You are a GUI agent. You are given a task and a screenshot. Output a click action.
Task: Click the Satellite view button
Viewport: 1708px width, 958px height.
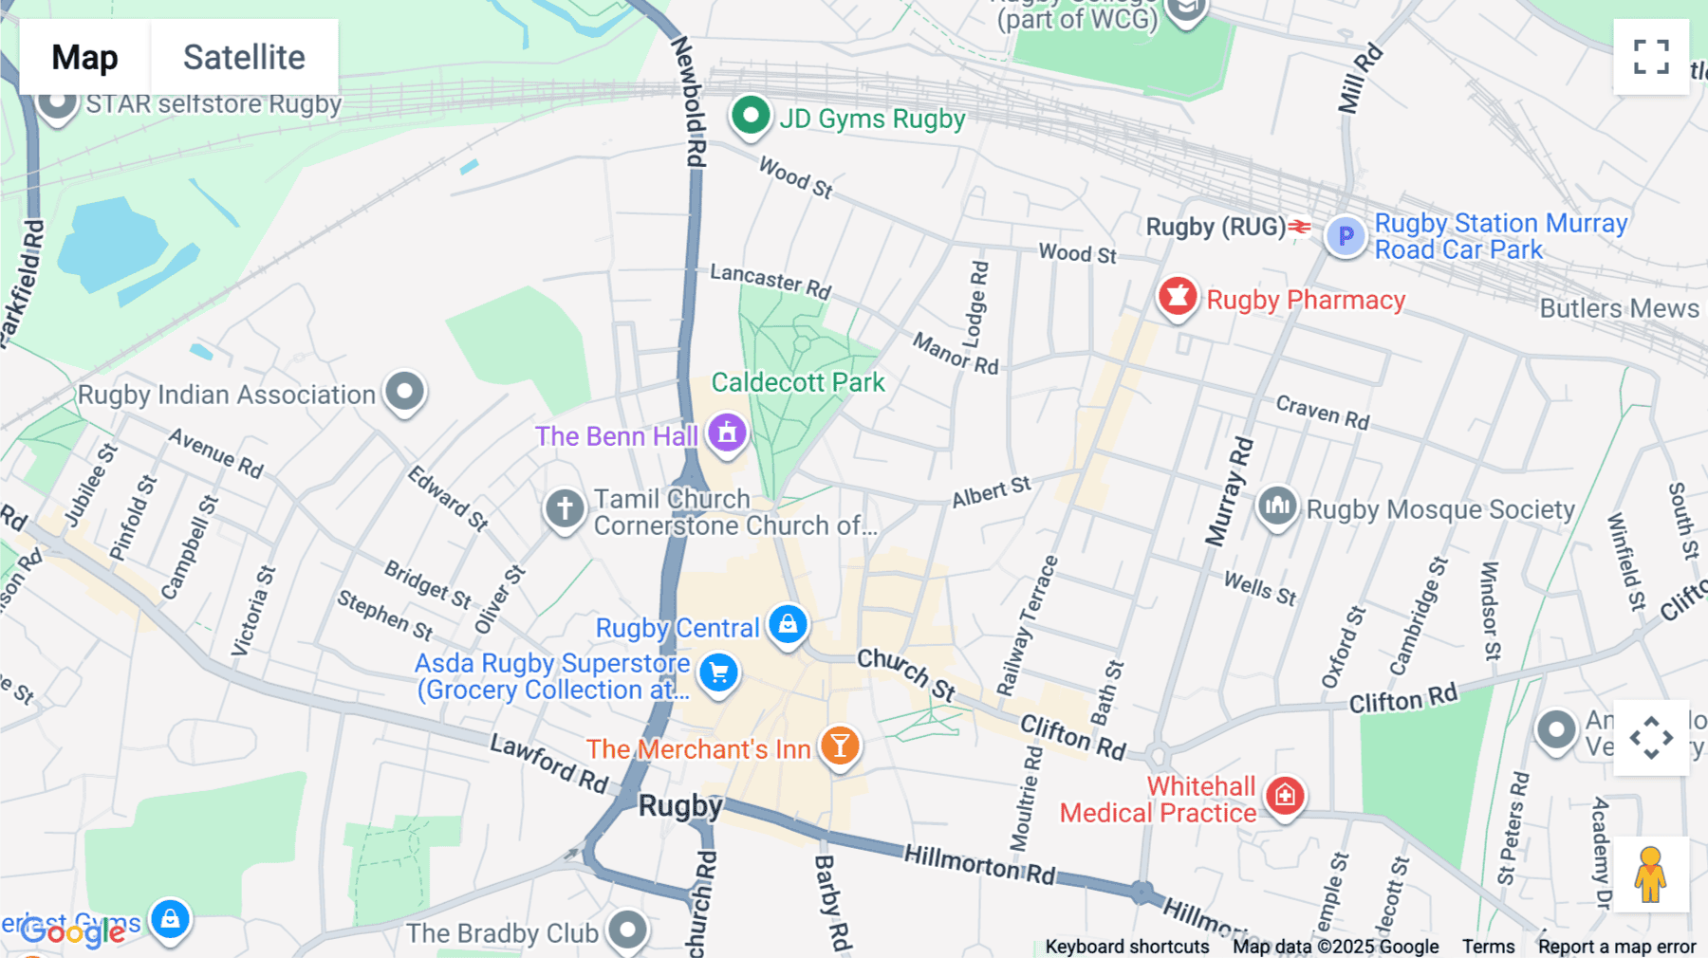click(x=244, y=57)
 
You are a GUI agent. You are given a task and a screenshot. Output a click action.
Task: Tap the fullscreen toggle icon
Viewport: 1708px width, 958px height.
click(x=1651, y=57)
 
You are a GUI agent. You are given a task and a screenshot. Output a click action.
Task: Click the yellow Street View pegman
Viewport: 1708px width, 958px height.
click(x=1651, y=874)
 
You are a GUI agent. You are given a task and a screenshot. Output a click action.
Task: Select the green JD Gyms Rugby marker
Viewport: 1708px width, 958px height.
click(x=751, y=117)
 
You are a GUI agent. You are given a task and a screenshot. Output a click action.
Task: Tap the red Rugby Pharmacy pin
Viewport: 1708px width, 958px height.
click(x=1178, y=298)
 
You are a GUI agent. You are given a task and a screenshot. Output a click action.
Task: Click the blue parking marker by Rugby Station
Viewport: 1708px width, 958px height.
click(x=1346, y=235)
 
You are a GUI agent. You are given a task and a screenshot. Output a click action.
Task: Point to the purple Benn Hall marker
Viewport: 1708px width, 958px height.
click(x=727, y=433)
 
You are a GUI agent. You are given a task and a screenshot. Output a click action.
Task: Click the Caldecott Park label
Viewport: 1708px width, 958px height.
click(x=798, y=382)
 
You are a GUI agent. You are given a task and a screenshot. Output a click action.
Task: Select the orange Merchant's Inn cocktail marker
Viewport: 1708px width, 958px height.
click(x=840, y=746)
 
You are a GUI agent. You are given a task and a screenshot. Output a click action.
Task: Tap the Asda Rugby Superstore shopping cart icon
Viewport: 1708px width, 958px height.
click(x=719, y=672)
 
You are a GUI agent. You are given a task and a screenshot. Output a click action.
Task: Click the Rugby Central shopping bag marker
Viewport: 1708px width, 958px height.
click(x=788, y=625)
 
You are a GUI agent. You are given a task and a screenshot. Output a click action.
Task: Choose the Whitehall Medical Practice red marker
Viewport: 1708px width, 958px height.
click(x=1286, y=796)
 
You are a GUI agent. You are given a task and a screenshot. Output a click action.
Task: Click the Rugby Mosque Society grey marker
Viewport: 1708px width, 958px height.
click(x=1277, y=506)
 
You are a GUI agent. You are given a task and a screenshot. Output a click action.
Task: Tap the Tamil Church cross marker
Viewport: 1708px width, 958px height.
click(x=565, y=508)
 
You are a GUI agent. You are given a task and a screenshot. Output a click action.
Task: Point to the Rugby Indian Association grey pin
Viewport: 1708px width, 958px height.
click(x=405, y=392)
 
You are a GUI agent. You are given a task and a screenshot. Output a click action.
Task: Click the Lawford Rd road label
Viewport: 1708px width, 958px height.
click(x=548, y=763)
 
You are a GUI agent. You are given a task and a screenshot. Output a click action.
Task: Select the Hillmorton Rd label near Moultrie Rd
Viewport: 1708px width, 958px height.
click(x=978, y=863)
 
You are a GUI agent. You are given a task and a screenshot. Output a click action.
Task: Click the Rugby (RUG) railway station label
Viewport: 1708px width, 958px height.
click(x=1216, y=227)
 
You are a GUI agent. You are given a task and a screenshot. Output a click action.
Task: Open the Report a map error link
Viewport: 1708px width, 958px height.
click(x=1616, y=946)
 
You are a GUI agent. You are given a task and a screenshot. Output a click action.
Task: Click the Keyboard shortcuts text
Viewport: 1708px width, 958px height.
click(x=1126, y=946)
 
